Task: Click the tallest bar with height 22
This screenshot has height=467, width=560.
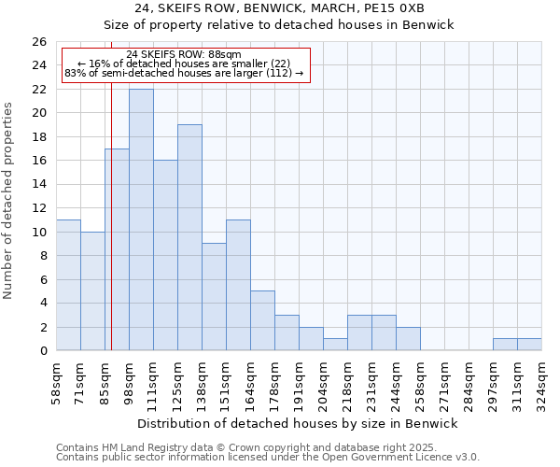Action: [x=141, y=219]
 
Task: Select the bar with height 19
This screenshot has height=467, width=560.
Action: [x=189, y=237]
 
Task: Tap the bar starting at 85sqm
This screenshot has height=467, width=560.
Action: [x=117, y=249]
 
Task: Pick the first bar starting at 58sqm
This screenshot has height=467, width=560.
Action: [x=68, y=285]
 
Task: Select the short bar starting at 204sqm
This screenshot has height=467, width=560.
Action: [x=335, y=345]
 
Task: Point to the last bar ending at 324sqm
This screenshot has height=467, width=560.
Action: [x=529, y=345]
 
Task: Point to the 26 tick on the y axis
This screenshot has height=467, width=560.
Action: [x=39, y=42]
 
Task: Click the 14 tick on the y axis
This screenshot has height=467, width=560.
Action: [x=39, y=185]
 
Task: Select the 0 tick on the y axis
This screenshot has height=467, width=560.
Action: [x=43, y=351]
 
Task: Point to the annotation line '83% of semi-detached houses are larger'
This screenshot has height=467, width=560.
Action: [x=184, y=73]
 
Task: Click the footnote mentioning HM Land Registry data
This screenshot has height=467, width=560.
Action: [x=252, y=447]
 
